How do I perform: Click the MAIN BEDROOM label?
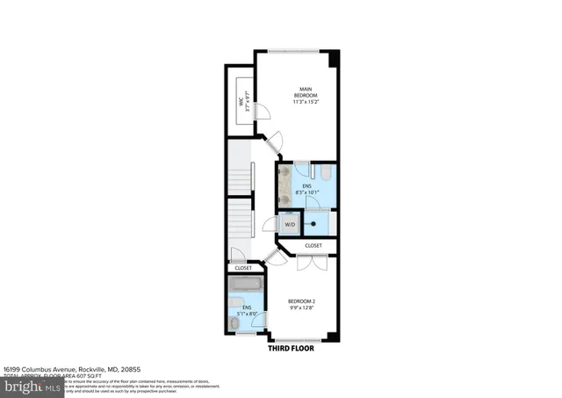305,91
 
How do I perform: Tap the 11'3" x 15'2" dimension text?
305,102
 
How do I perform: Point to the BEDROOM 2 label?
301,301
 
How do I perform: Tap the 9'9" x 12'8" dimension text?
301,308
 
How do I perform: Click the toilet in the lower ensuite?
232,325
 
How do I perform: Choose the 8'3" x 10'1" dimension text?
307,192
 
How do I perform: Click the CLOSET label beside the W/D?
313,245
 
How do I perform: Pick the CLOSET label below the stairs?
242,267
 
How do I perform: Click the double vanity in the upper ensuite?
285,185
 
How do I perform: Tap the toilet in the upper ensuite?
325,173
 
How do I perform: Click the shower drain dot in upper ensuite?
313,223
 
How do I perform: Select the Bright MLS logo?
32,385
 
